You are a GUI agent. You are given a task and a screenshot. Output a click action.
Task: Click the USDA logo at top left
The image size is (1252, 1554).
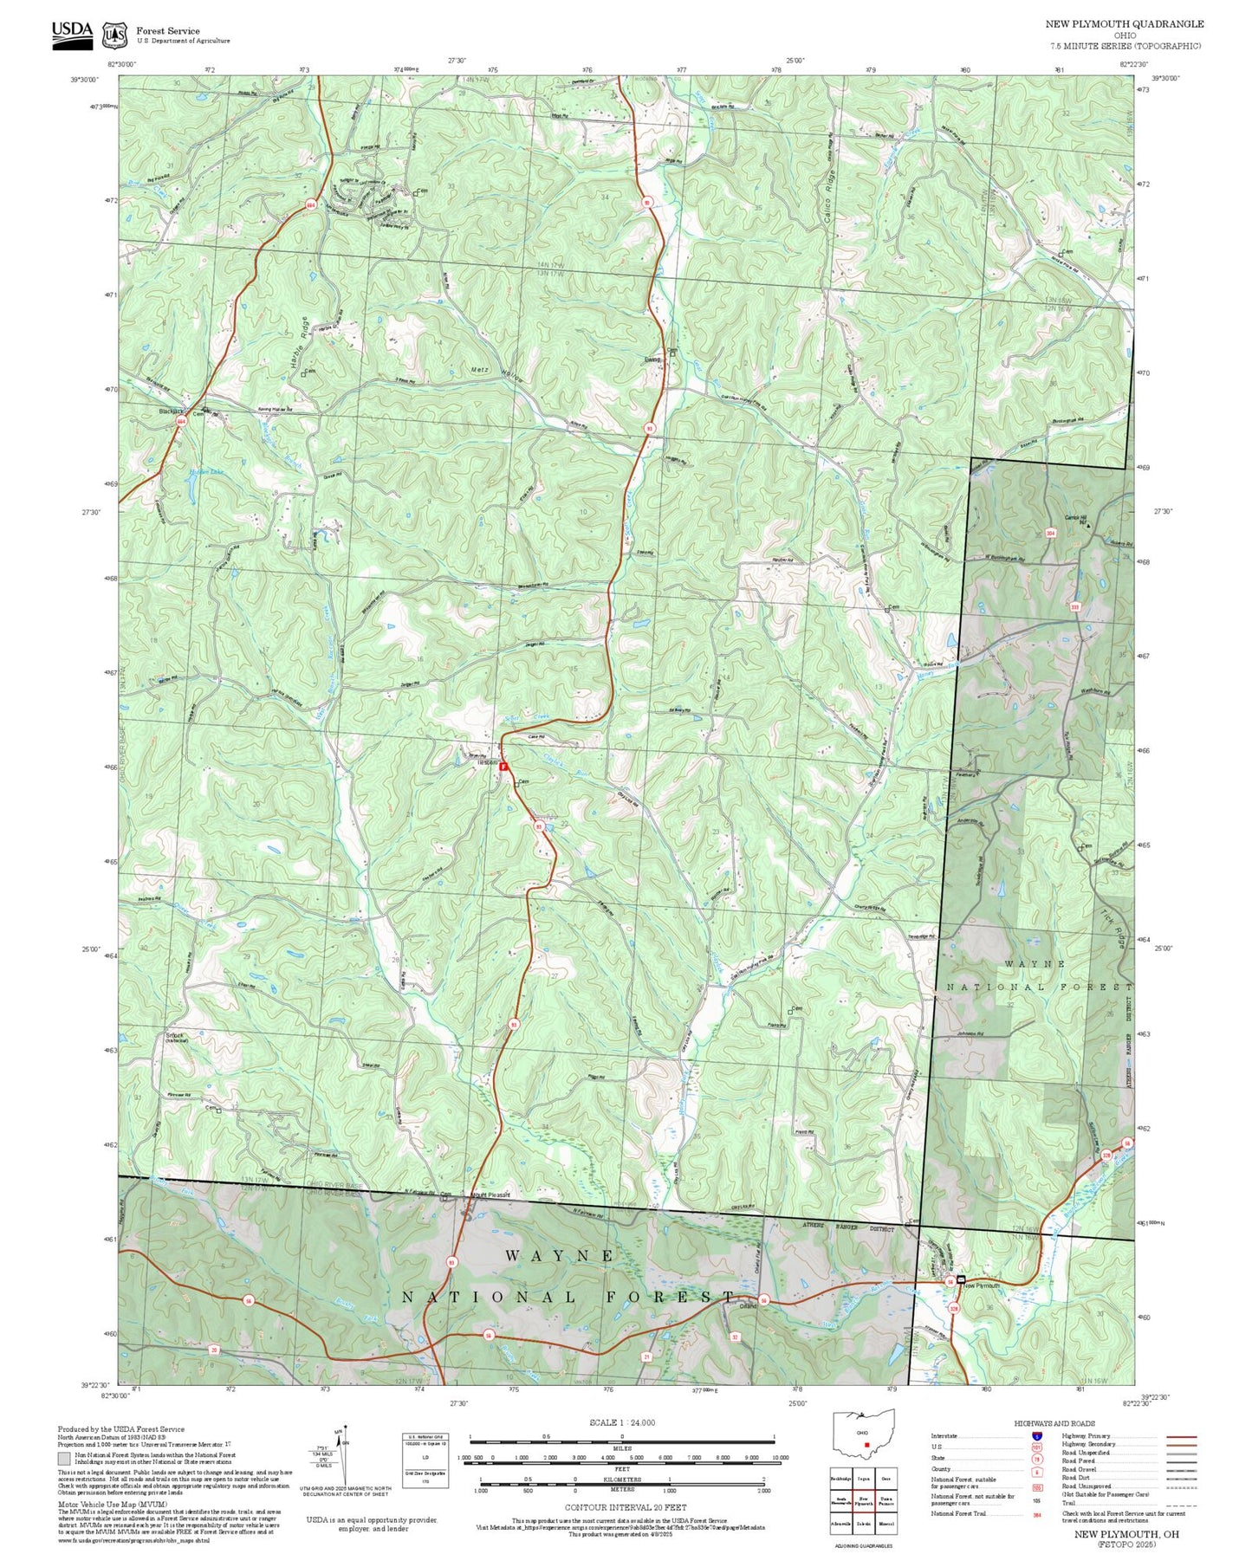coord(72,33)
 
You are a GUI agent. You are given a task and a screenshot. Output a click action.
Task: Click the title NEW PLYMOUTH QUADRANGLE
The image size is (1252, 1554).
coord(1124,23)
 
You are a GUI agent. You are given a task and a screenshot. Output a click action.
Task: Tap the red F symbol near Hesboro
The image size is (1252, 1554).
coord(503,767)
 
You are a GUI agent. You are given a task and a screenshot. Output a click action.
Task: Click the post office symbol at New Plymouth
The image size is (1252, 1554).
coord(961,1279)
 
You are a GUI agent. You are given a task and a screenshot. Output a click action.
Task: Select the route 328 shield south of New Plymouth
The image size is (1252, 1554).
coord(954,1307)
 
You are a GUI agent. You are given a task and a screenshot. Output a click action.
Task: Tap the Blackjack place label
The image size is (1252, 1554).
coord(172,411)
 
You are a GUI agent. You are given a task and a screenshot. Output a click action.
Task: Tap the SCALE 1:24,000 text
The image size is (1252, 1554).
coord(621,1422)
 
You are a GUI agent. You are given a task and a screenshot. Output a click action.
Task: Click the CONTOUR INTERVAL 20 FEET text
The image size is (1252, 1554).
coord(625,1507)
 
